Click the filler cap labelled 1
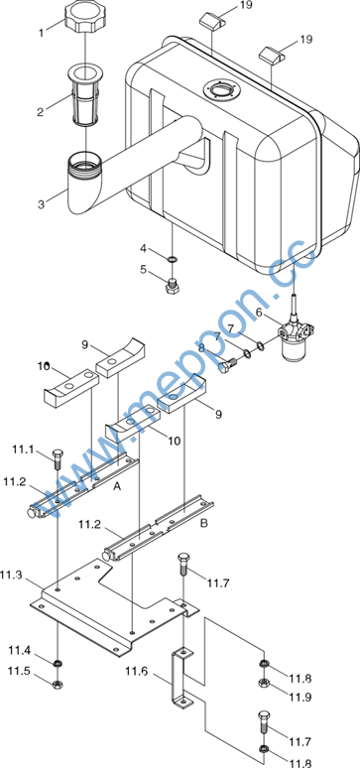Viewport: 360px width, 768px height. click(x=85, y=17)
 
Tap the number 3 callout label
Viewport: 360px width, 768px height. click(x=41, y=203)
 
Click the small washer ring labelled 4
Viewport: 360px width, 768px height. click(x=172, y=258)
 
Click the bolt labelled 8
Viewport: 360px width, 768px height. click(x=227, y=365)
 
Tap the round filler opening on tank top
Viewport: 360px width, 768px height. click(x=223, y=89)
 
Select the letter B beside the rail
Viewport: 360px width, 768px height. click(x=204, y=523)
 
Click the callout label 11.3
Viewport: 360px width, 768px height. click(x=11, y=575)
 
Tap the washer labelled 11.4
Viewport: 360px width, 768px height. click(x=58, y=664)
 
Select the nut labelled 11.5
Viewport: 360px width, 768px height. click(x=58, y=683)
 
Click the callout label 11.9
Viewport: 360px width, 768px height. click(x=300, y=696)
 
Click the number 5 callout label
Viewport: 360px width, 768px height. click(x=143, y=269)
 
